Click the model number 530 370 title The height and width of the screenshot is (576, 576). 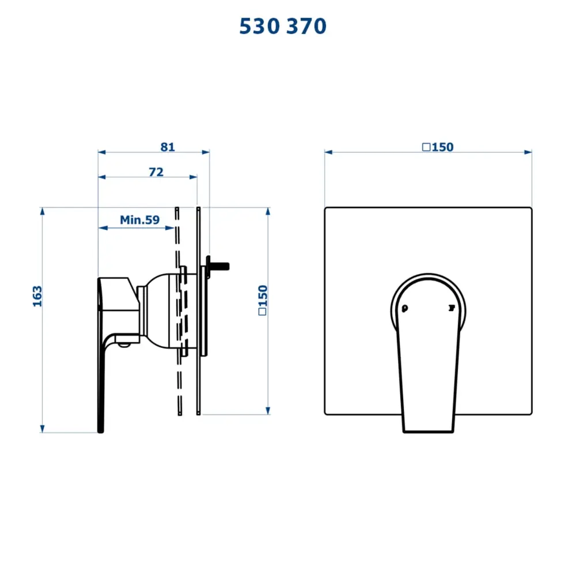pyautogui.click(x=282, y=26)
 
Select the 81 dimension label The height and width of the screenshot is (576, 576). pyautogui.click(x=168, y=147)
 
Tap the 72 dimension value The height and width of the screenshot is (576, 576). pyautogui.click(x=156, y=172)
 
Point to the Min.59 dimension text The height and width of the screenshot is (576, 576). pyautogui.click(x=139, y=219)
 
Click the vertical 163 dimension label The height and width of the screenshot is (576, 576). pyautogui.click(x=37, y=295)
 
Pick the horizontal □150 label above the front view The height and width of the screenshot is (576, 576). pyautogui.click(x=438, y=147)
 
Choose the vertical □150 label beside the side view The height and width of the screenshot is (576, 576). pyautogui.click(x=262, y=300)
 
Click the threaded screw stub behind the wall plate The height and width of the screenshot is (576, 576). pyautogui.click(x=219, y=266)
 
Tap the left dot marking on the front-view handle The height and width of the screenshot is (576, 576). pyautogui.click(x=404, y=308)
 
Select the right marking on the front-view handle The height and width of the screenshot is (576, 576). pyautogui.click(x=452, y=308)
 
